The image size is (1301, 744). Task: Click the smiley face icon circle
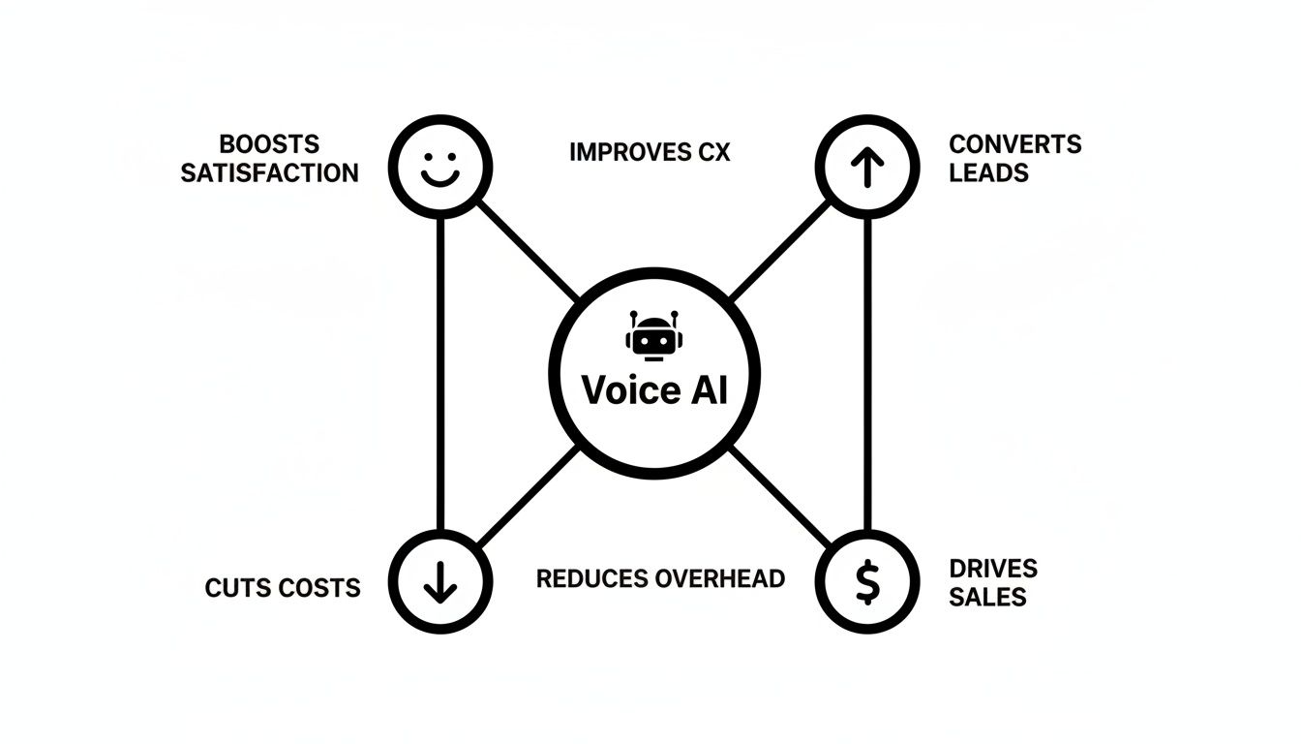(440, 168)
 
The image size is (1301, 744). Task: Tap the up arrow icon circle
(866, 168)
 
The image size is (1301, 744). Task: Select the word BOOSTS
(269, 144)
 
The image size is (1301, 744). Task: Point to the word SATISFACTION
(269, 173)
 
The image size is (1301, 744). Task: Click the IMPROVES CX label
(650, 152)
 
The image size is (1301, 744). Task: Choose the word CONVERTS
(1014, 144)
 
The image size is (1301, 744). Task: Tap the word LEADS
(988, 173)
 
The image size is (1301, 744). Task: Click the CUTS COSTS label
(283, 587)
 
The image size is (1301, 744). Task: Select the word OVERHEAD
(719, 578)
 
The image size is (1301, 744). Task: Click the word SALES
(987, 597)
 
